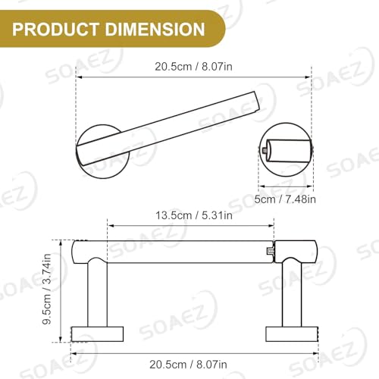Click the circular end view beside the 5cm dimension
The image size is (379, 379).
288,151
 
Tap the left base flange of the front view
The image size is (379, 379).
98,334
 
